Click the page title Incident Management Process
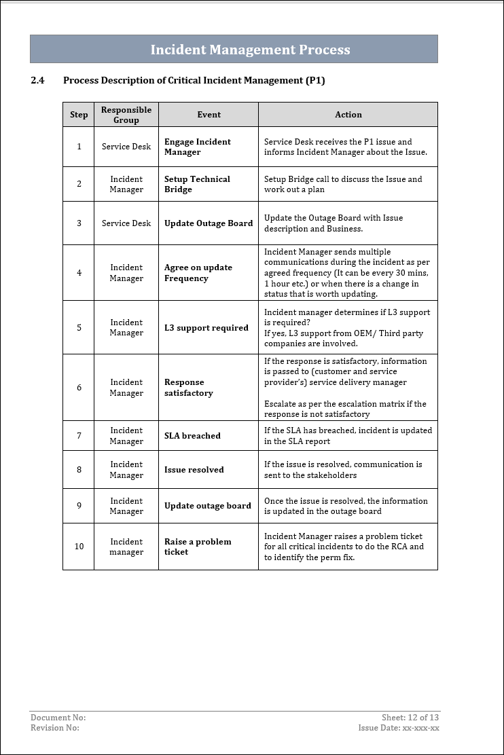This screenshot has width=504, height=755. click(250, 50)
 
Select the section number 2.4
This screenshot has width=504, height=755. click(37, 80)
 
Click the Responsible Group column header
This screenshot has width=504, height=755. click(126, 115)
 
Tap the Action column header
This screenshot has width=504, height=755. click(348, 115)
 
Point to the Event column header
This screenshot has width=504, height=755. click(209, 115)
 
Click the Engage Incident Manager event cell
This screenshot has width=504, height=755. click(197, 147)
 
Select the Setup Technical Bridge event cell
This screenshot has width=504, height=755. click(197, 184)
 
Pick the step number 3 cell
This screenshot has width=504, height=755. click(79, 223)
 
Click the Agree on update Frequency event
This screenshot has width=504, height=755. click(198, 273)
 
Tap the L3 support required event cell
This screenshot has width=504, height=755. click(206, 328)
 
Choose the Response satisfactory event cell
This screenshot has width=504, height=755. click(189, 388)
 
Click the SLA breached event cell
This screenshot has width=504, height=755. click(192, 436)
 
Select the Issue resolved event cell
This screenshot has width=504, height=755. click(194, 470)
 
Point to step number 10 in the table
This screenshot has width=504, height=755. click(79, 547)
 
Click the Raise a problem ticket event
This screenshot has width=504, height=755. click(198, 547)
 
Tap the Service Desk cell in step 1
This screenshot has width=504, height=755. click(126, 147)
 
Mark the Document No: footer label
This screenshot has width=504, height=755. click(58, 718)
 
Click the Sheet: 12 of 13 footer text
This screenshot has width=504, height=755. click(410, 718)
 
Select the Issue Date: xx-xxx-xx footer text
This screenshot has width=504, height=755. click(399, 728)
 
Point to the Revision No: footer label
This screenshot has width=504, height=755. click(55, 728)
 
